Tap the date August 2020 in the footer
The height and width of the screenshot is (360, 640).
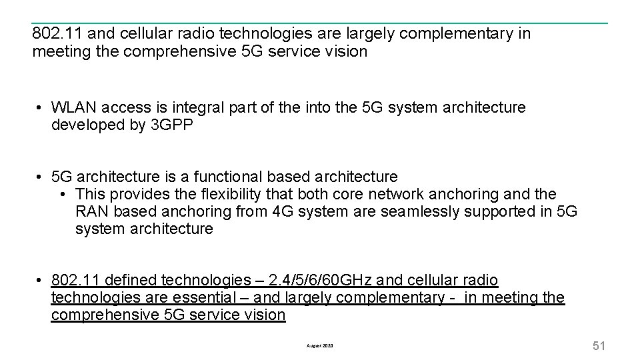[x=319, y=346]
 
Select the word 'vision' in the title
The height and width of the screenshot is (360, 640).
[x=345, y=51]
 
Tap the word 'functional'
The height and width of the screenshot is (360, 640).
[x=226, y=177]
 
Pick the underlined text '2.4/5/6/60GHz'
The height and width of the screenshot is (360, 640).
[x=310, y=281]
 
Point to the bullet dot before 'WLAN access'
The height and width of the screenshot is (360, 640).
[x=41, y=107]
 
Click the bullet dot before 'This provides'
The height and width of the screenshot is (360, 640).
[x=61, y=194]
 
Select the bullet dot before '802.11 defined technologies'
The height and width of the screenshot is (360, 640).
[x=41, y=281]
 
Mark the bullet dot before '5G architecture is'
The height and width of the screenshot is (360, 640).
[x=41, y=177]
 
